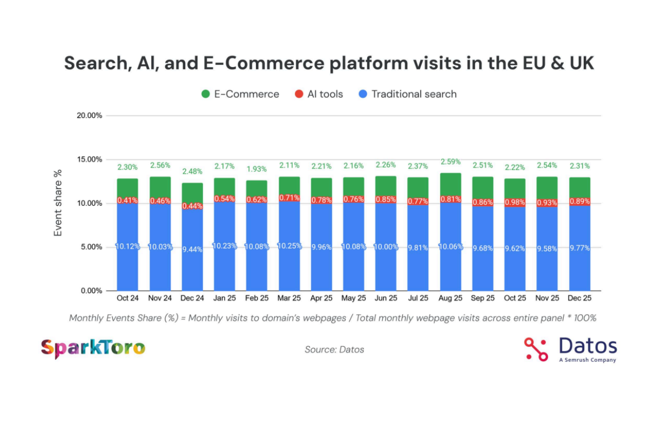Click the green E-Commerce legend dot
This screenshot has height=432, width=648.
pos(205,94)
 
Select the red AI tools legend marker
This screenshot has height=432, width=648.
pos(298,94)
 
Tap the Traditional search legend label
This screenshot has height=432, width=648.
pos(414,94)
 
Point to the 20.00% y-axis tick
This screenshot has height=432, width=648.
pos(87,116)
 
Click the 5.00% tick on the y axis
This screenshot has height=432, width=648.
pos(89,247)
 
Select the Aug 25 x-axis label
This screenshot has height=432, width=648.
pos(450,298)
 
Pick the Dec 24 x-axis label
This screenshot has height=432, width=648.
pos(192,298)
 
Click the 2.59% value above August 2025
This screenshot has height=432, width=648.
pos(450,161)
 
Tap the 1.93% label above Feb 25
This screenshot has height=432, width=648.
pos(256,169)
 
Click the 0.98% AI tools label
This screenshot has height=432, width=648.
pos(515,202)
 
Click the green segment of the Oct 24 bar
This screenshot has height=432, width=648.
pos(127,188)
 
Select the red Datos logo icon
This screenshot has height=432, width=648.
pos(536,349)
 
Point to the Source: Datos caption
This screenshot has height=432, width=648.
pos(334,349)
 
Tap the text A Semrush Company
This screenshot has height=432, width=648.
pos(587,360)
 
